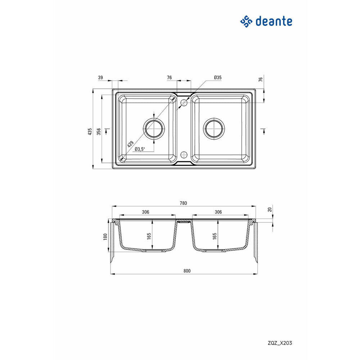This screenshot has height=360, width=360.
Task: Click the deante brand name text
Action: [x=274, y=21]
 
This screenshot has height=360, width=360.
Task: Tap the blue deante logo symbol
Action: [x=246, y=22]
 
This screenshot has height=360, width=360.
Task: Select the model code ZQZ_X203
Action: [x=280, y=343]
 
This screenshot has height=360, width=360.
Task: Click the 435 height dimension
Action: [x=90, y=131]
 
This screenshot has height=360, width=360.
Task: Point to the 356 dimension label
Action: [x=99, y=131]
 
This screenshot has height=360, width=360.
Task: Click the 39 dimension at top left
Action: [x=100, y=78]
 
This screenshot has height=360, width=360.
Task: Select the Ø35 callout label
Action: [x=218, y=78]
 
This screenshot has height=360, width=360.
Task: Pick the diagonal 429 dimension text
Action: [x=130, y=144]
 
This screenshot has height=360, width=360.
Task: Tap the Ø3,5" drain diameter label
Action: [x=140, y=149]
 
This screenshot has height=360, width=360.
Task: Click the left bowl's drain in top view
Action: [x=154, y=129]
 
